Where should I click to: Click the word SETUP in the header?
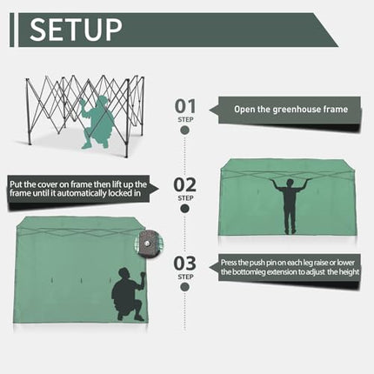point(76,30)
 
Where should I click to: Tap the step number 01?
point(185,106)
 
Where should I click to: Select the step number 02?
point(185,185)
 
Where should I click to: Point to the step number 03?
point(185,264)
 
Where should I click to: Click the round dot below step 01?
point(184,130)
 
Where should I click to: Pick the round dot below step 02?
point(184,209)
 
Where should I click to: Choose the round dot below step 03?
point(184,287)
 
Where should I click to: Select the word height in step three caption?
point(349,272)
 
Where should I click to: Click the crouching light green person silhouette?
point(97,123)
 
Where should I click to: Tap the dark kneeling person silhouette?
point(128,294)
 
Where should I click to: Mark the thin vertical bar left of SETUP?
point(11,30)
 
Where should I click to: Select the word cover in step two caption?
point(47,184)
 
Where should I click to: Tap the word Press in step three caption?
point(228,263)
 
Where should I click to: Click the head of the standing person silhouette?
point(290,183)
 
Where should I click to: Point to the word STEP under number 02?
point(185,198)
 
